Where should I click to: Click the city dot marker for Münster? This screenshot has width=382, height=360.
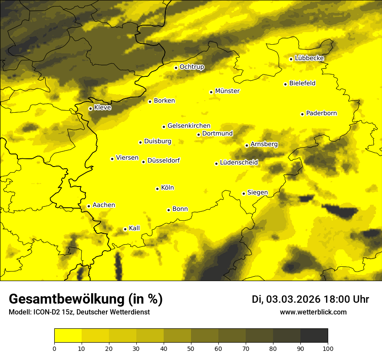[x=211, y=92]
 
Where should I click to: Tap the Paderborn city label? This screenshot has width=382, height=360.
[x=321, y=113]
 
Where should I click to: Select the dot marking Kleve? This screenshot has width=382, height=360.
[x=90, y=108]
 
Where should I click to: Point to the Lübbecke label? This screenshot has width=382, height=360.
[x=309, y=58]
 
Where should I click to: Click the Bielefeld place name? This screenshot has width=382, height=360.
[x=302, y=83]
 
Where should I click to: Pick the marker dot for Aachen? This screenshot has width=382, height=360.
[x=89, y=206]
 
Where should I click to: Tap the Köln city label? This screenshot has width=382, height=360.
[x=167, y=188]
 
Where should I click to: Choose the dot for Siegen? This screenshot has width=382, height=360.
[x=244, y=193]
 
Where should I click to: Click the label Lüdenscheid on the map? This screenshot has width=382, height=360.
[x=239, y=163]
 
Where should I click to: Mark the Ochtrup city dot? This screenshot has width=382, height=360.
[x=176, y=68]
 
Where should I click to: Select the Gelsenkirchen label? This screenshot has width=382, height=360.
[x=189, y=126]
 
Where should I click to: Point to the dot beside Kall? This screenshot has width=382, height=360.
[x=125, y=229]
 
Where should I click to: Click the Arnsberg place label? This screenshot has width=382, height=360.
[x=264, y=144]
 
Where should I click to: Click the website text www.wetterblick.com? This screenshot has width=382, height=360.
[x=313, y=312]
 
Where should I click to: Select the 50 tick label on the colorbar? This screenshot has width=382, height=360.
[x=191, y=348]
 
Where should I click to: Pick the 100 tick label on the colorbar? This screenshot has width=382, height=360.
[x=328, y=348]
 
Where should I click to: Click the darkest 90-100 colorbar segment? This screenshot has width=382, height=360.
[x=314, y=336]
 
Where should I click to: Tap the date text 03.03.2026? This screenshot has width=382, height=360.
[x=293, y=299]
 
